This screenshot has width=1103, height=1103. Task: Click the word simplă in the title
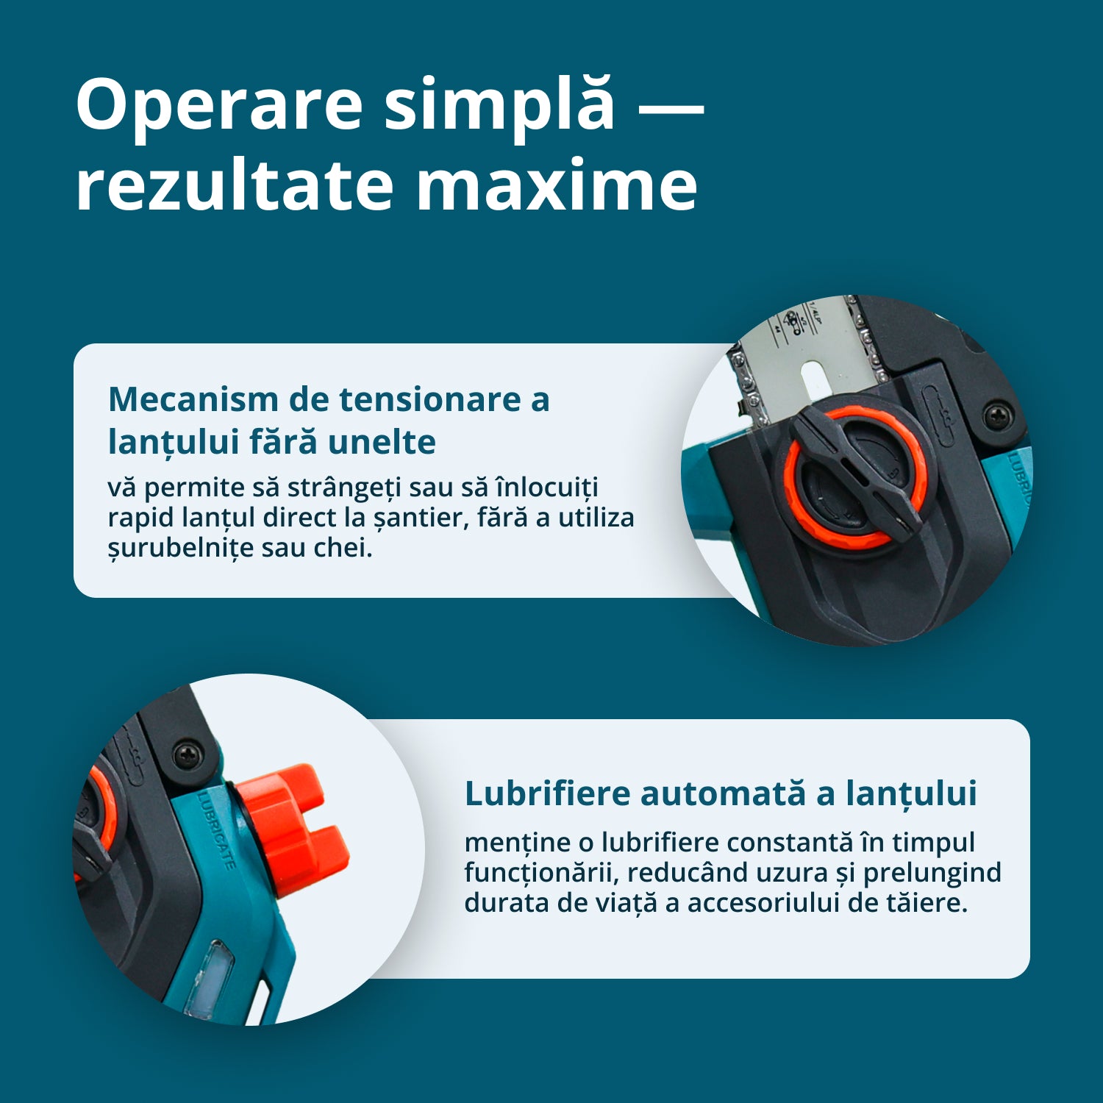[x=499, y=105]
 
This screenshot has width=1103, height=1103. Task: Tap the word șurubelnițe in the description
[x=181, y=548]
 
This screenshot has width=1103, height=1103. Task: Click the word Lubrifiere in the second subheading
[x=548, y=793]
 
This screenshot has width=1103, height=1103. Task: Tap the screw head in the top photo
[x=996, y=417]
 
